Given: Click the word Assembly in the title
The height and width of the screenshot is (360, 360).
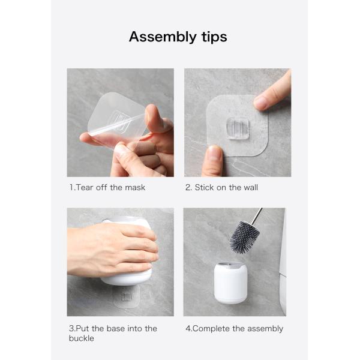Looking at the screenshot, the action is [163, 37].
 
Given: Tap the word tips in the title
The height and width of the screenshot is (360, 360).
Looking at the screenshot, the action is [214, 37].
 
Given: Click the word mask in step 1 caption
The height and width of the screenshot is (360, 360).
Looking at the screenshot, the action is [135, 187].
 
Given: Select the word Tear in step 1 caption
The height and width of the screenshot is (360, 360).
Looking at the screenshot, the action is [85, 187].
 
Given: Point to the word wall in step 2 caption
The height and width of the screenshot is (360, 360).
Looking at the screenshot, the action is [251, 187].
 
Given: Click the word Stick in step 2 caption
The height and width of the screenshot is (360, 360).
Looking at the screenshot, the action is [205, 187].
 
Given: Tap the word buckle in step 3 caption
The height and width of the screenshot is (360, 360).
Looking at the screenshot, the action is [82, 338].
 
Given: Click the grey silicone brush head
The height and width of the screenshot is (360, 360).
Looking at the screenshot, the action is [245, 237].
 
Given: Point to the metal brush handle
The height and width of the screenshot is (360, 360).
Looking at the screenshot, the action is [257, 216].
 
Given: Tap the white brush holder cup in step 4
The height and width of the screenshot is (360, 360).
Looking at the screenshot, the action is [231, 283].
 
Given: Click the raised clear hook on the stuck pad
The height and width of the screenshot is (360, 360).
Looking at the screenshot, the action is [238, 128].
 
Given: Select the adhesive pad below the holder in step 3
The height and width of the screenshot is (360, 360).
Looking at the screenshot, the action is [127, 296].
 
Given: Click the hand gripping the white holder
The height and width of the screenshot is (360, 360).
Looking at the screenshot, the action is [113, 250].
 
